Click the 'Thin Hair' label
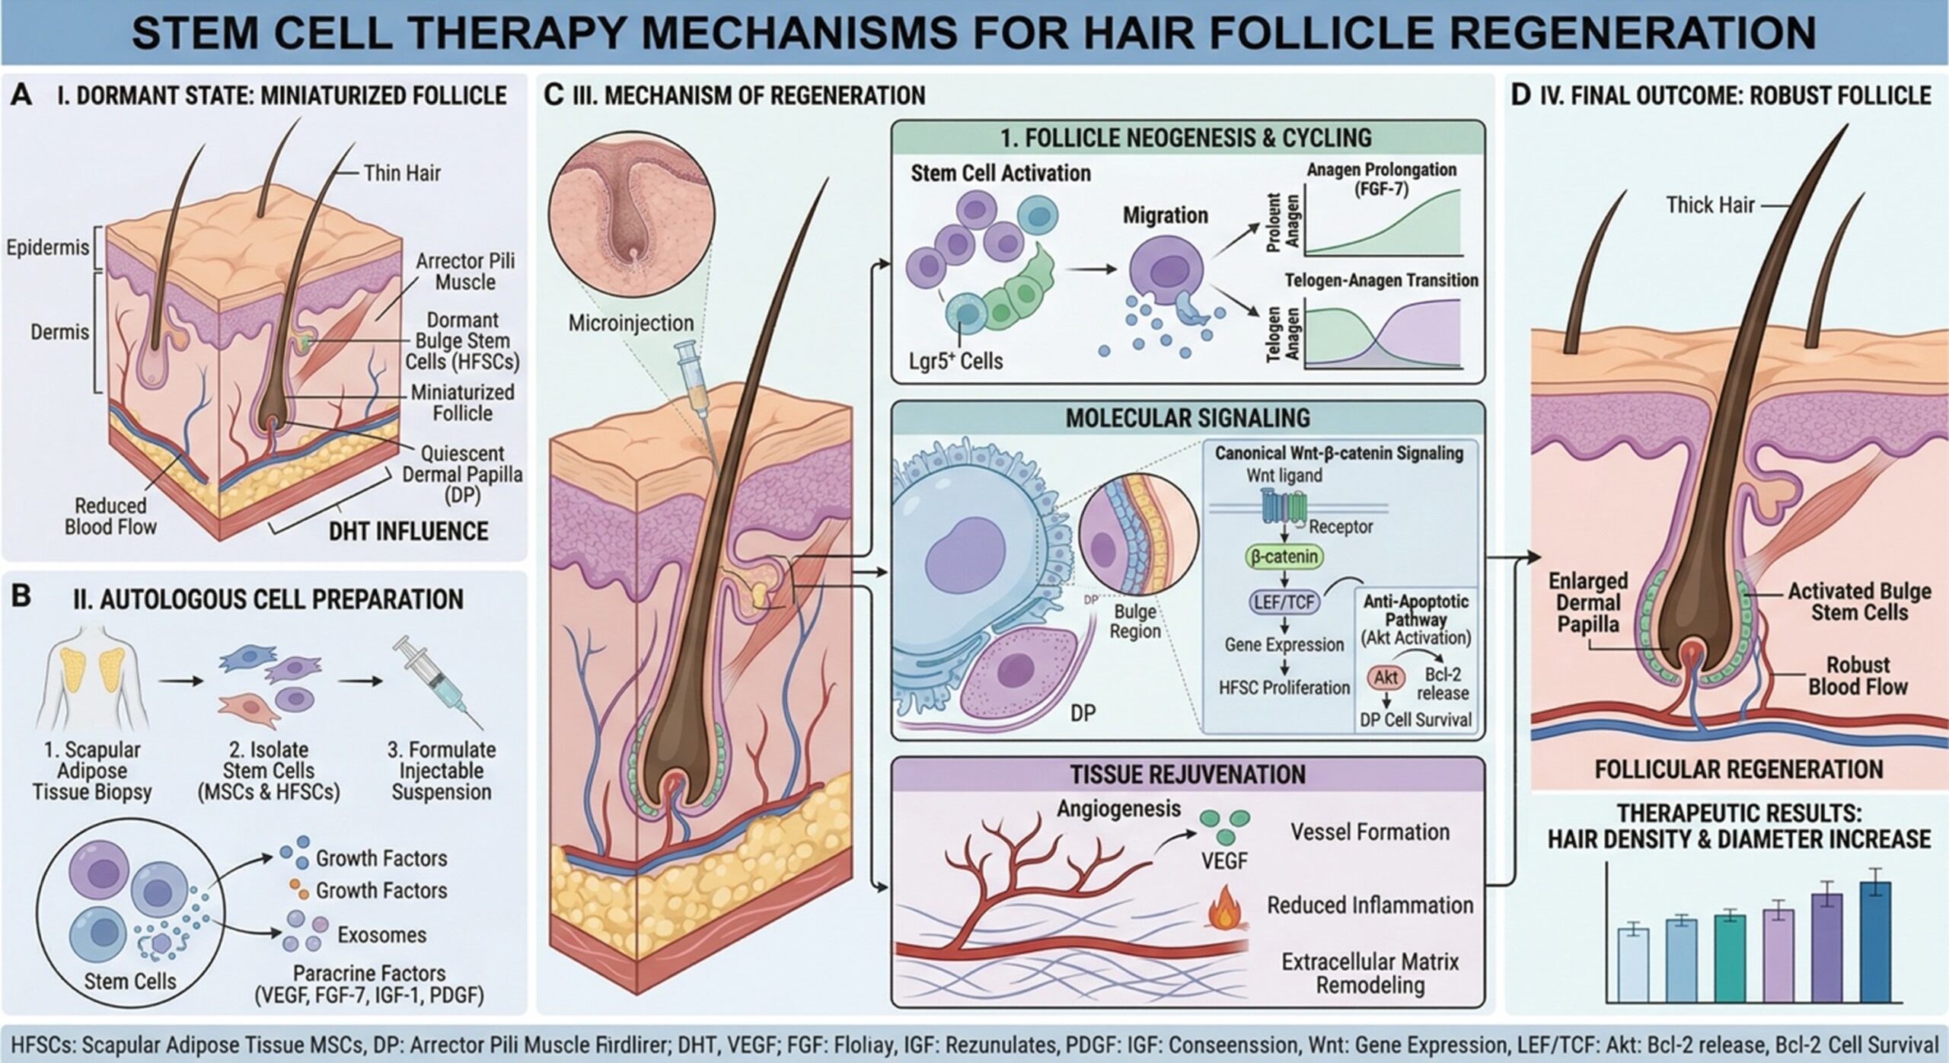pyautogui.click(x=401, y=174)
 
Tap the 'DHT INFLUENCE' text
pyautogui.click(x=408, y=531)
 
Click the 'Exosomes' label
pyautogui.click(x=381, y=934)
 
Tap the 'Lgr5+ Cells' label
pyautogui.click(x=955, y=360)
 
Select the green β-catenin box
pyautogui.click(x=1284, y=557)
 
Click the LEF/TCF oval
pyautogui.click(x=1284, y=602)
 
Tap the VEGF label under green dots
pyautogui.click(x=1224, y=861)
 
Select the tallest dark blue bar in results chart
pyautogui.click(x=1875, y=941)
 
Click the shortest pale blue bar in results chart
pyautogui.click(x=1632, y=964)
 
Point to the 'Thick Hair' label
pyautogui.click(x=1710, y=205)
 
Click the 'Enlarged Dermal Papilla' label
pyautogui.click(x=1587, y=602)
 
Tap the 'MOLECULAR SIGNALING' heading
pyautogui.click(x=1188, y=418)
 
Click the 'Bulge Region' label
pyautogui.click(x=1135, y=621)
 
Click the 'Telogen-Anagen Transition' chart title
pyautogui.click(x=1381, y=280)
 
